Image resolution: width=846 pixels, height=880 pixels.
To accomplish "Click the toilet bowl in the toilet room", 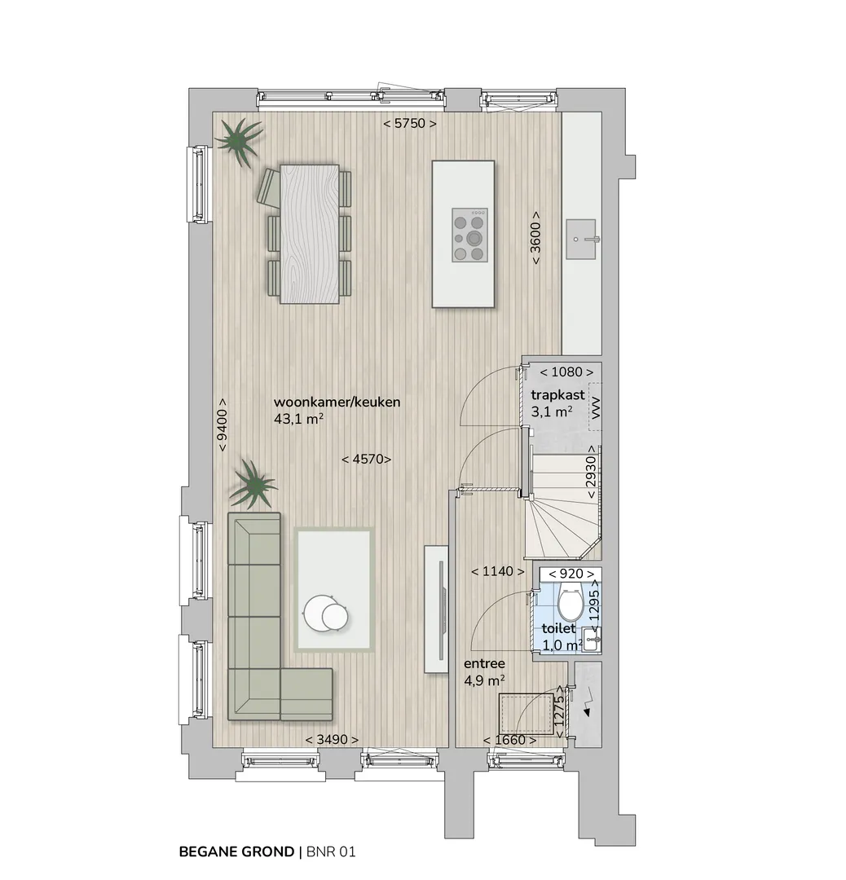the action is coord(571,601).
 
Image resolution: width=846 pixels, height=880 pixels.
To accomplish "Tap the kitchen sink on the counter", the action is coord(581,239).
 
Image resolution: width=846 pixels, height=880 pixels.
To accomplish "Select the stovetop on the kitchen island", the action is coord(470,235).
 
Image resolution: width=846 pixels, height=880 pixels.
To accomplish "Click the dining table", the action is coord(310,234).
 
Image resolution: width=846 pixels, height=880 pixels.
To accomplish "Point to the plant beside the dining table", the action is coord(240,142).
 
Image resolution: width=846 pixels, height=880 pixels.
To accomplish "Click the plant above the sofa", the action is coord(253,484).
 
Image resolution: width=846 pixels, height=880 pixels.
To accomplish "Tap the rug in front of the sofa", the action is coord(335,590).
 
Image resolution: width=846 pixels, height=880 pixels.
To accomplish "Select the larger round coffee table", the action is coord(318,612).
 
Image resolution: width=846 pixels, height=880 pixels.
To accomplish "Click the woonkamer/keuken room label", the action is coord(337,402).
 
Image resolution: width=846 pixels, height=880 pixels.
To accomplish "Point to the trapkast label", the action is coord(557,394).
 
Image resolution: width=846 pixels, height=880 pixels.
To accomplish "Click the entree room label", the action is coord(484,663).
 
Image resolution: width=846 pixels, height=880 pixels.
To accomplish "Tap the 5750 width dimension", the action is coord(410,123).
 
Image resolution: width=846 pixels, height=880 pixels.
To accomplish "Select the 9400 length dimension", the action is coord(223,425).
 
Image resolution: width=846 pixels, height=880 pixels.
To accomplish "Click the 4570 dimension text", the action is coord(367,459).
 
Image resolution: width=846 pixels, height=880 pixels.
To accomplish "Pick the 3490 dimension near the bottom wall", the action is coord(332,740).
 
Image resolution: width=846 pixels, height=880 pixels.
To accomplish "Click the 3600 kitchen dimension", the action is coord(535,238).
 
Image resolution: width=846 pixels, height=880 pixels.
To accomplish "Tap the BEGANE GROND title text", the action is coord(236,852).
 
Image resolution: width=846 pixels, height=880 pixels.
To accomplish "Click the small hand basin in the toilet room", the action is coord(592,639).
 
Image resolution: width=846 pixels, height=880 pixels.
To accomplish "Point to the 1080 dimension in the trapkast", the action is coord(566,372).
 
